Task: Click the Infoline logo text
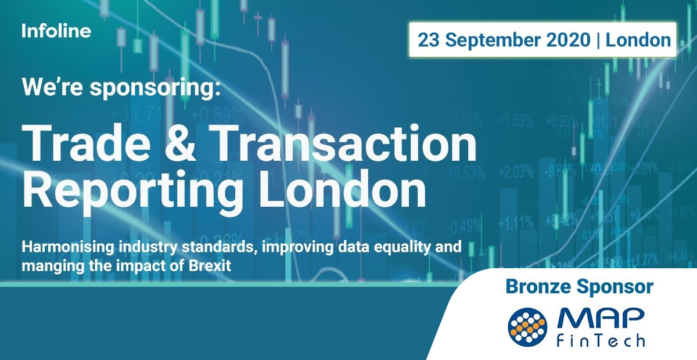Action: coord(56,31)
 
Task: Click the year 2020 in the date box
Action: coord(570,40)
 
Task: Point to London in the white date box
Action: coord(638,40)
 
